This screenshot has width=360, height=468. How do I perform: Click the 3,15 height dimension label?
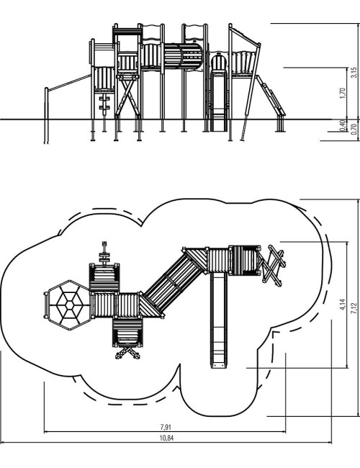click(x=354, y=73)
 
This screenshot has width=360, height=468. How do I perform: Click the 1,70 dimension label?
click(x=343, y=94)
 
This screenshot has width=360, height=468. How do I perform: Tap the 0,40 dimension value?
click(x=343, y=125)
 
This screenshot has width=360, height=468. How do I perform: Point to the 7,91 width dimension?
click(x=166, y=427)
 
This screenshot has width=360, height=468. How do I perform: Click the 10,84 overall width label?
click(x=166, y=438)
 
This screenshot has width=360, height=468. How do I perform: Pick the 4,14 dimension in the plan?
click(x=343, y=305)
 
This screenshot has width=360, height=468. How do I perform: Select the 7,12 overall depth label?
click(x=354, y=308)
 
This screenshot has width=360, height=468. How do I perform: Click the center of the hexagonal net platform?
click(x=70, y=305)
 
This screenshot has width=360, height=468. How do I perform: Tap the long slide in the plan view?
click(x=218, y=320)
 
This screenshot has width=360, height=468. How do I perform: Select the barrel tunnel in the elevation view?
click(x=184, y=56)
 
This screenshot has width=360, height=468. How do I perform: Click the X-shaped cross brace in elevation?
click(x=127, y=96)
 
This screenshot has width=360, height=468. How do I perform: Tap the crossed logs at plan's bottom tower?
click(x=127, y=353)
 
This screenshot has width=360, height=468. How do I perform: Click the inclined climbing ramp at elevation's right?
click(x=271, y=95)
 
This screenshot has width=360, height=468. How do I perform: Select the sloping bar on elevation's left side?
click(x=70, y=82)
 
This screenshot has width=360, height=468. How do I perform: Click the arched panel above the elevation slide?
click(x=219, y=61)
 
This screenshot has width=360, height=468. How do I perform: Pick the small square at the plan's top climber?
click(x=104, y=243)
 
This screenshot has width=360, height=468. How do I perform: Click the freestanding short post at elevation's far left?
click(x=46, y=115)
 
